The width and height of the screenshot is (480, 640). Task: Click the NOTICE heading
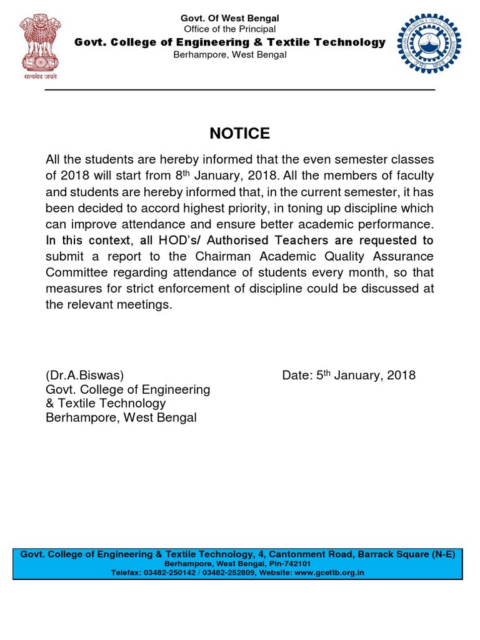239,134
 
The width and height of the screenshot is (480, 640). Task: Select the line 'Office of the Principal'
229,29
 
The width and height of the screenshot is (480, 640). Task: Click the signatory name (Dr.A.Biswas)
84,376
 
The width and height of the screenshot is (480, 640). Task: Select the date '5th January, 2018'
349,376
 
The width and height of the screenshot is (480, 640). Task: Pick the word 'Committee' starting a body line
76,272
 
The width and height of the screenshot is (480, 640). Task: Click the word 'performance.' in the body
395,224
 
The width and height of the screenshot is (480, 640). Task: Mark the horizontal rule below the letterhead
239,90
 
